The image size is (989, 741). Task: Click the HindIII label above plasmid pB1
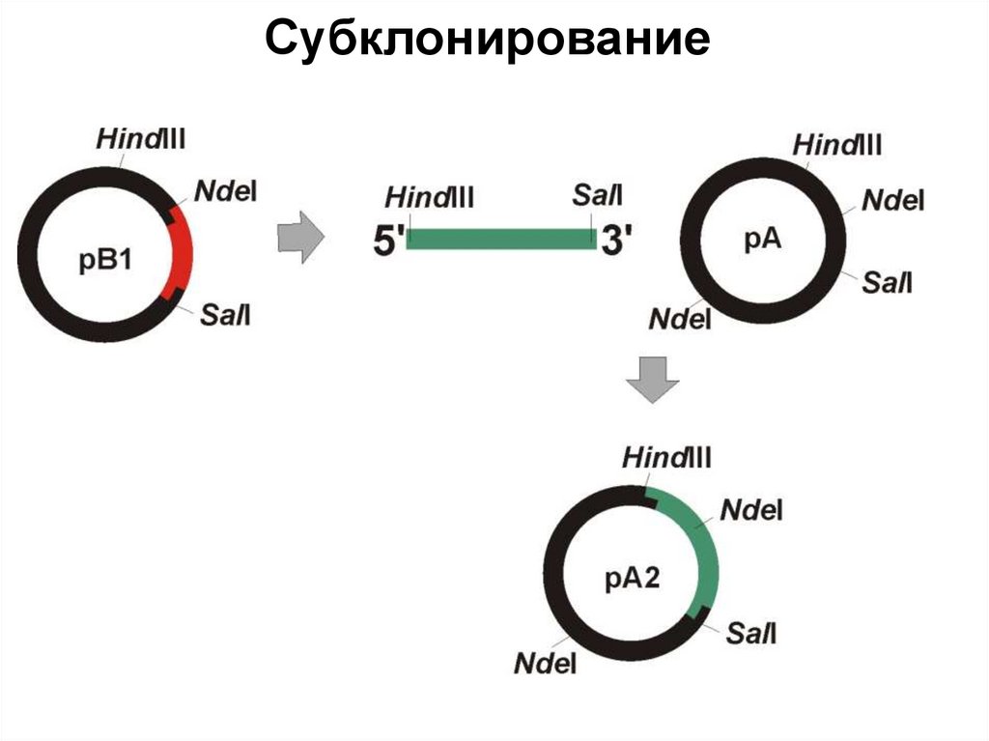tap(141, 138)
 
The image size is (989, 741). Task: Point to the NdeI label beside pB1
tap(226, 190)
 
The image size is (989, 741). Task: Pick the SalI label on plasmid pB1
tap(226, 314)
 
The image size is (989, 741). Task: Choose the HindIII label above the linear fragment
tap(430, 198)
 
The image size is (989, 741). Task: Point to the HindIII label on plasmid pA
tap(837, 146)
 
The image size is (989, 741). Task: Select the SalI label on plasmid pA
tap(888, 282)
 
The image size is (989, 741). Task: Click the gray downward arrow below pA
tap(653, 379)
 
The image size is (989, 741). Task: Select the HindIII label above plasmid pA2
tap(667, 457)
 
